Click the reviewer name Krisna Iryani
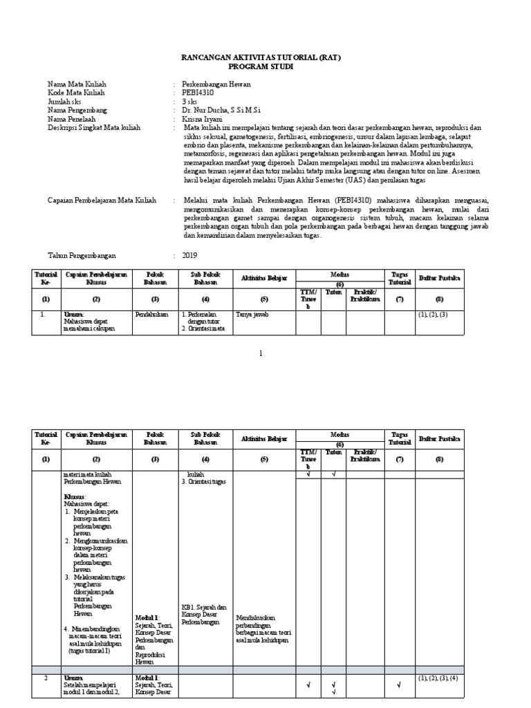[x=204, y=119]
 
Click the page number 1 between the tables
[x=261, y=353]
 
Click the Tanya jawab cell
[x=252, y=314]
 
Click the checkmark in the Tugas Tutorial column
[x=399, y=685]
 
